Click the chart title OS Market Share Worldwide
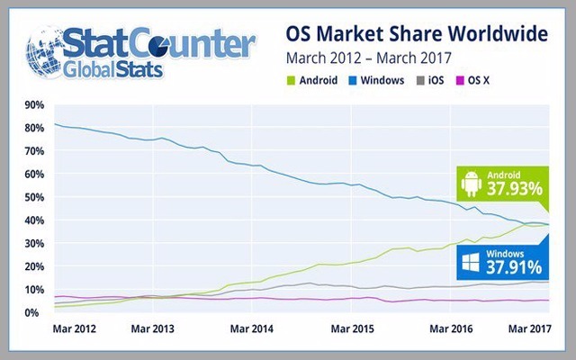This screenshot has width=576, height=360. [417, 35]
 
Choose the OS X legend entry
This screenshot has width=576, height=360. [489, 81]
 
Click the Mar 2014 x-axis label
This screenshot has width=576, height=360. [256, 329]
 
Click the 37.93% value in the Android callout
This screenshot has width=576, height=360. [515, 190]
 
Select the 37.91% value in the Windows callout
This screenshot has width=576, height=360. [515, 267]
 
